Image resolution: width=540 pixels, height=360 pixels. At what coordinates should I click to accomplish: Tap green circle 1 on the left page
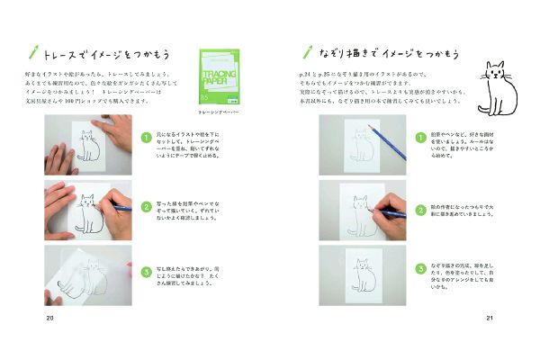[x=146, y=137]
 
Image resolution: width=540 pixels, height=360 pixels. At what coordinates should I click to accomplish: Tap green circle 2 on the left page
[x=146, y=205]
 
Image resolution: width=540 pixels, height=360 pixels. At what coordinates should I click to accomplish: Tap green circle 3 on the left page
[x=146, y=270]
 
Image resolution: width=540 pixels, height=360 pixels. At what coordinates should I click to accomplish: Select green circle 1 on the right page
[x=419, y=137]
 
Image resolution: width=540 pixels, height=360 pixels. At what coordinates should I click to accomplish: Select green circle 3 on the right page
[x=419, y=269]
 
